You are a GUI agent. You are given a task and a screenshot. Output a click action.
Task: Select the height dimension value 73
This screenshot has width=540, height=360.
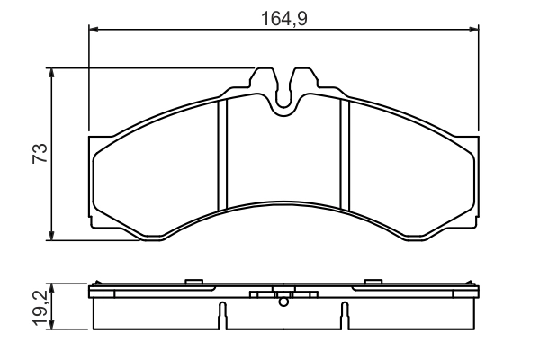coord(39,153)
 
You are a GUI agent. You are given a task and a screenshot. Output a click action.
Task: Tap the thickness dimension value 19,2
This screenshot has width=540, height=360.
coord(38,306)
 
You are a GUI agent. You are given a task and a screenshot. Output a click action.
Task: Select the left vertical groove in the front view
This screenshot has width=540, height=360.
coord(225,153)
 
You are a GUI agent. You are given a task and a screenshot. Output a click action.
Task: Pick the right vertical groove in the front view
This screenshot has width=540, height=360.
coord(344,153)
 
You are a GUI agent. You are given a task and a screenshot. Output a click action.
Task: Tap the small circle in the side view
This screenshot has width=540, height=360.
coord(283,303)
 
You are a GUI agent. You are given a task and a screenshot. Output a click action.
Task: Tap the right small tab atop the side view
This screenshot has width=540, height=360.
coord(371,283)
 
